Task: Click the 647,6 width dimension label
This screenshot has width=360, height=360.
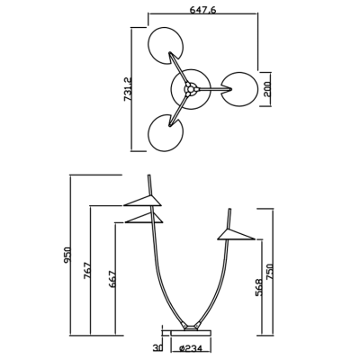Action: tap(202, 10)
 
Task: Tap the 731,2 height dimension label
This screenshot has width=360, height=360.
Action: tap(128, 89)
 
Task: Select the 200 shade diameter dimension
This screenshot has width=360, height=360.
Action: tap(266, 89)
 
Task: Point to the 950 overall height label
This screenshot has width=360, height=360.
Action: tap(67, 256)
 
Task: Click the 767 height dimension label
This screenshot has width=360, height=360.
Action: tap(88, 271)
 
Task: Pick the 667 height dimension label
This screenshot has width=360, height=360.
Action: tap(112, 280)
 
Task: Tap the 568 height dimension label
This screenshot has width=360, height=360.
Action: tap(259, 288)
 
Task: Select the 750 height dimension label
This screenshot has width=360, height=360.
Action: tap(270, 272)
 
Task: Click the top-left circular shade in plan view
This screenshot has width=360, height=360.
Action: tap(166, 46)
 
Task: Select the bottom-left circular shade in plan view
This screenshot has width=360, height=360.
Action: tap(166, 133)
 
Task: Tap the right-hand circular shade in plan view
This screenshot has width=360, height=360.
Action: tap(239, 89)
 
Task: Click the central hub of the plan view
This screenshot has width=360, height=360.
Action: tap(190, 89)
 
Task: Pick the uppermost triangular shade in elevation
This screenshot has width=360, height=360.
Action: tap(143, 201)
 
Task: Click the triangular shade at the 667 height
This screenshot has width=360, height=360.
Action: tap(144, 218)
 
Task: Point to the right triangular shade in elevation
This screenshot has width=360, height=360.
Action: tap(236, 235)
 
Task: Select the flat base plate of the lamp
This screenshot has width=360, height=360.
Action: tap(191, 333)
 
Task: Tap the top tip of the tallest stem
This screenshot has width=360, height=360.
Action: tap(148, 175)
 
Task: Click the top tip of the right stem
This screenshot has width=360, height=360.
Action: tap(229, 209)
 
